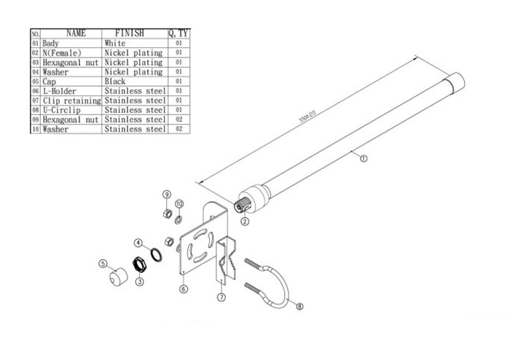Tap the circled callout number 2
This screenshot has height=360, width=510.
pyautogui.click(x=246, y=221)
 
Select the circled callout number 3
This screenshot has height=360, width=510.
pyautogui.click(x=140, y=280)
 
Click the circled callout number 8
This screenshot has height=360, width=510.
pyautogui.click(x=301, y=307)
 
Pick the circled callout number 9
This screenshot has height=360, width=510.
pyautogui.click(x=166, y=195)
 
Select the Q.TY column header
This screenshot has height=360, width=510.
pyautogui.click(x=178, y=33)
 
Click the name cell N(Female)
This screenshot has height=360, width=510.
pyautogui.click(x=61, y=53)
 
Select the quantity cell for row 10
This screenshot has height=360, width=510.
pyautogui.click(x=178, y=129)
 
